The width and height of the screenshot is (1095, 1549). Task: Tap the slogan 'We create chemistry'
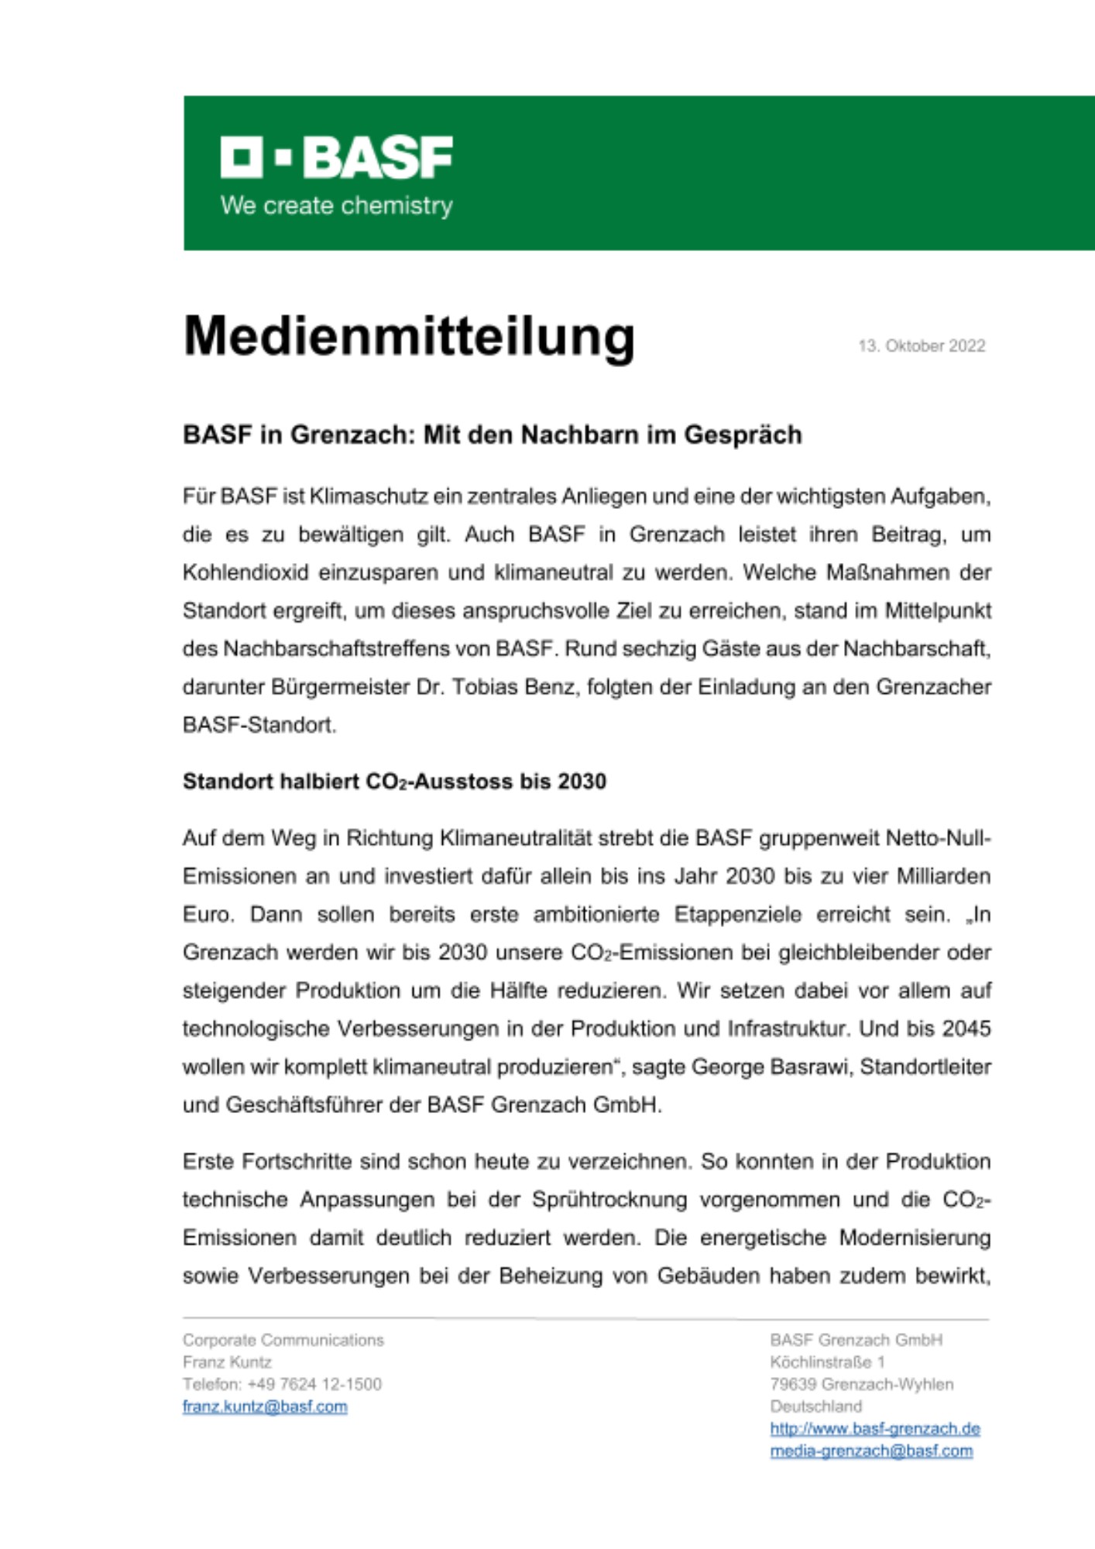pyautogui.click(x=337, y=206)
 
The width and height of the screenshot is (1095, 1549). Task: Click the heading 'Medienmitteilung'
pyautogui.click(x=409, y=337)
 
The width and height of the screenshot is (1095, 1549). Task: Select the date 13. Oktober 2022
pyautogui.click(x=922, y=346)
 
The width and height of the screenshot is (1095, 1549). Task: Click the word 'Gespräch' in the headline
pyautogui.click(x=743, y=435)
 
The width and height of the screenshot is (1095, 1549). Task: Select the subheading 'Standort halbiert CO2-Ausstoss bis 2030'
pyautogui.click(x=394, y=782)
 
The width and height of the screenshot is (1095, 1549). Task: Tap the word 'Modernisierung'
pyautogui.click(x=915, y=1238)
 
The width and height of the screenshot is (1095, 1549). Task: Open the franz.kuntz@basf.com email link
pyautogui.click(x=265, y=1407)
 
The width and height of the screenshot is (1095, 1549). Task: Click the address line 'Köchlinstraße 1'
pyautogui.click(x=827, y=1362)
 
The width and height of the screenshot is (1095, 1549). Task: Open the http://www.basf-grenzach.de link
pyautogui.click(x=875, y=1429)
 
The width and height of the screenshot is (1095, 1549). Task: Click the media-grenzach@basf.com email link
pyautogui.click(x=871, y=1451)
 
